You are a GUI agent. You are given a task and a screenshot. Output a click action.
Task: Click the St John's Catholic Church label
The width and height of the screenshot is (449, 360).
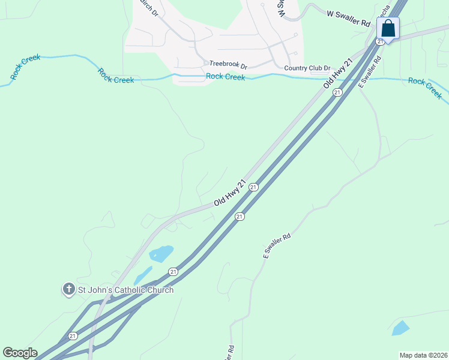[126, 290]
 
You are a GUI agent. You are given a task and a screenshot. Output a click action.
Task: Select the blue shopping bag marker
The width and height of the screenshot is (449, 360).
[388, 29]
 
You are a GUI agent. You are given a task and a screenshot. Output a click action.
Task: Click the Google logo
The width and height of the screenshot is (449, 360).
[20, 353]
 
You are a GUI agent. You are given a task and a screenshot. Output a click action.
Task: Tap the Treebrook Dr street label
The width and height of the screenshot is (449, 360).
[228, 64]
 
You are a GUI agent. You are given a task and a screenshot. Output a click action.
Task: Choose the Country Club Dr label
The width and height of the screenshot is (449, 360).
[307, 68]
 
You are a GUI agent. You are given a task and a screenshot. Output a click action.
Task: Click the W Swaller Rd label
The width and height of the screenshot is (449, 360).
[348, 17]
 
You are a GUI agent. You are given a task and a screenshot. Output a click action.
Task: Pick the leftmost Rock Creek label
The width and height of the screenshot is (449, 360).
[25, 67]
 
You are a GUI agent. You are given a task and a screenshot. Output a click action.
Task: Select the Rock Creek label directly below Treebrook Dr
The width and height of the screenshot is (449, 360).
[225, 76]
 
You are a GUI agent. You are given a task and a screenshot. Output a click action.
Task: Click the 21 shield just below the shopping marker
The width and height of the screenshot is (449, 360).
[380, 41]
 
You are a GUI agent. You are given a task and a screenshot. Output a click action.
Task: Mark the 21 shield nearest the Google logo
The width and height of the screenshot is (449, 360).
[73, 335]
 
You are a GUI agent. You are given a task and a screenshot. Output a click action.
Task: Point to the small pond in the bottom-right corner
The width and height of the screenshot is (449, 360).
[400, 328]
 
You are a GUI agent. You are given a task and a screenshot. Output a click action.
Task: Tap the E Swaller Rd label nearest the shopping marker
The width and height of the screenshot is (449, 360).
[370, 72]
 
